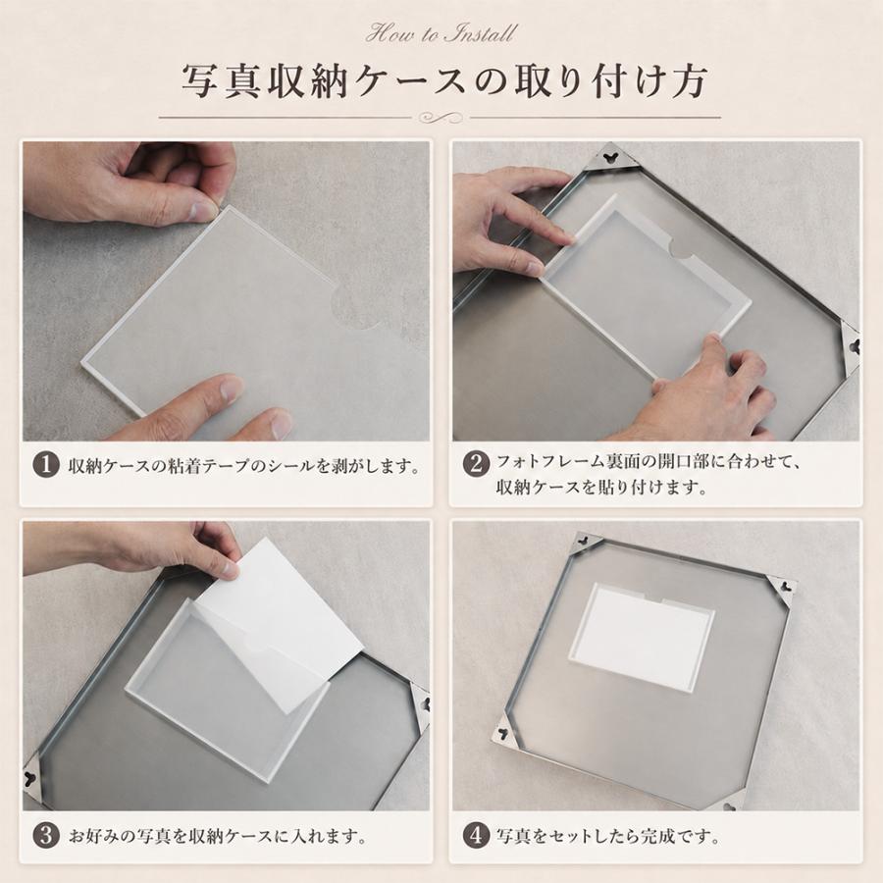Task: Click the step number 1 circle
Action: click(46, 466)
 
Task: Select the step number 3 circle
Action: click(46, 835)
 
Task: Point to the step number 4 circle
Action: click(477, 835)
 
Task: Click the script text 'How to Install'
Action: click(441, 33)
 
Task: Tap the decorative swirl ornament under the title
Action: click(441, 118)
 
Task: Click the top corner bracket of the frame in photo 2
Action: click(610, 157)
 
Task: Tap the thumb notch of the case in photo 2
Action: click(682, 247)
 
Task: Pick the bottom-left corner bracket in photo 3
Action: click(32, 779)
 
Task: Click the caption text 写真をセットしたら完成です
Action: click(608, 836)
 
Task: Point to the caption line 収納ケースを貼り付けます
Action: click(601, 487)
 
